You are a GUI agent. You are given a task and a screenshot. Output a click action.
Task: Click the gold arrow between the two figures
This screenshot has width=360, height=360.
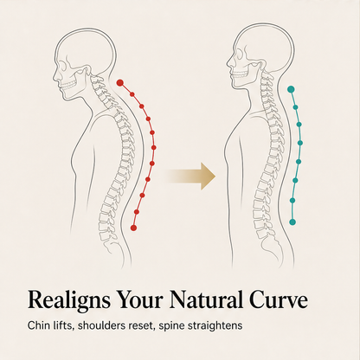pos(190,176)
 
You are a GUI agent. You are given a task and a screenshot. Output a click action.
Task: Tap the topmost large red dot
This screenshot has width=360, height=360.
pos(120,83)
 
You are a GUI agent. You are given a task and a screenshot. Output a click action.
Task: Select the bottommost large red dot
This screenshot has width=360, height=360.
pos(133,228)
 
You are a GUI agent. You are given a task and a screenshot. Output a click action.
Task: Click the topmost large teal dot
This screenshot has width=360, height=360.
pos(291,89)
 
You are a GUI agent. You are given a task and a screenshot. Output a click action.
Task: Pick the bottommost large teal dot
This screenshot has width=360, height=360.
pos(292,222)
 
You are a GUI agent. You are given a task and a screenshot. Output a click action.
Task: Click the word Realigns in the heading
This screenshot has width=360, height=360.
pos(69,300)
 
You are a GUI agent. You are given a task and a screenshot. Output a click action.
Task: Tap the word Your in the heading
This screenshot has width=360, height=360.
pos(139,300)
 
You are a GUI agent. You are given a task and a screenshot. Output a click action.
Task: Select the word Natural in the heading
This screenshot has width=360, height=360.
pos(206,299)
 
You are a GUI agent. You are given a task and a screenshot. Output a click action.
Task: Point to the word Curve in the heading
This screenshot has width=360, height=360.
pos(279,300)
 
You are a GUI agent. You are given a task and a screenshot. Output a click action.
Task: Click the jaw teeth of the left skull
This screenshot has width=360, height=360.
pos(69,85)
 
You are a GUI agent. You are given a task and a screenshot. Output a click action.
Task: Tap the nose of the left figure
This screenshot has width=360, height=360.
pos(55,75)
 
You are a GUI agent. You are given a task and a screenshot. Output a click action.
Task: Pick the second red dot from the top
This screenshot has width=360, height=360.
pos(132,94)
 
